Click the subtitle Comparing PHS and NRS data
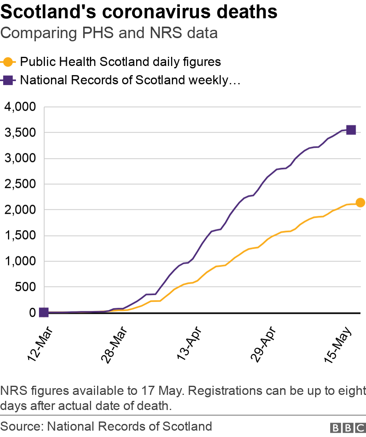[109, 33]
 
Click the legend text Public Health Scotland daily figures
[120, 62]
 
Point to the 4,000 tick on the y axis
[20, 107]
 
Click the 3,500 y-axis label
[20, 133]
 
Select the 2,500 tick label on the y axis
[20, 184]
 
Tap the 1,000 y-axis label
[20, 261]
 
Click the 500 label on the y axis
[25, 287]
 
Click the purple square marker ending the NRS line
[351, 130]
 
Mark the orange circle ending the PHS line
[360, 203]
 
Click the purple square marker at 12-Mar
[44, 313]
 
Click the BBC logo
[348, 427]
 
